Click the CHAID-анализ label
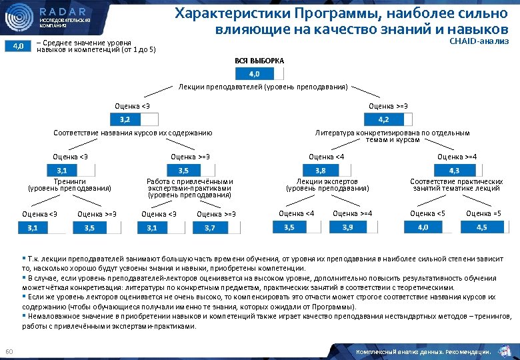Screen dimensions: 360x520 click(479, 41)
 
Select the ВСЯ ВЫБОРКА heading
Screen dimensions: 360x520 click(259, 61)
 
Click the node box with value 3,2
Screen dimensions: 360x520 click(125, 120)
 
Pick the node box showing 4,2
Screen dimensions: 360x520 click(384, 120)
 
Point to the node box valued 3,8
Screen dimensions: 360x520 click(321, 170)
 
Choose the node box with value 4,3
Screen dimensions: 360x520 click(453, 170)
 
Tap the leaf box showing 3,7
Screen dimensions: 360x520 click(209, 227)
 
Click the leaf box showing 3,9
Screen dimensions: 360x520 click(347, 227)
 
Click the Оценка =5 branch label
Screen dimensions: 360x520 click(483, 213)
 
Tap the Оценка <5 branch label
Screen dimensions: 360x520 click(427, 213)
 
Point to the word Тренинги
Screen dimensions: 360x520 click(69, 181)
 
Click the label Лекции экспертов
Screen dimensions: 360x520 click(327, 181)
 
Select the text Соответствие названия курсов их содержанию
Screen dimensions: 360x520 click(133, 133)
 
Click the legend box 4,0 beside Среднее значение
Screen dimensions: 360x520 click(19, 46)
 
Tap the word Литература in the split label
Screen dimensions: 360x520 click(333, 133)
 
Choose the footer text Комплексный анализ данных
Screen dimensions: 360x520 click(407, 351)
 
